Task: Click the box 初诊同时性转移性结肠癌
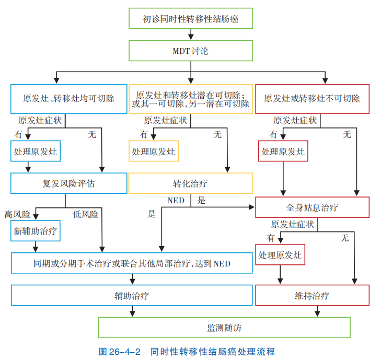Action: point(190,19)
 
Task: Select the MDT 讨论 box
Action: point(190,51)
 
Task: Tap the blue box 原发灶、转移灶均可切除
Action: point(69,99)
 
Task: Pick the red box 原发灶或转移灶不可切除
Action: point(311,99)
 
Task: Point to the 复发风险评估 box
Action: point(69,183)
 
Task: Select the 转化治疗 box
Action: point(190,183)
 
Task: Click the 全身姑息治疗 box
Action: point(311,207)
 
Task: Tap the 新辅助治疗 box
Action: point(36,230)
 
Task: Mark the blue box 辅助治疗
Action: point(131,295)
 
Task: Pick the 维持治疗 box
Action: point(311,295)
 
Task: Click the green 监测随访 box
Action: point(224,328)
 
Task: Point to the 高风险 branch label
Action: point(17,214)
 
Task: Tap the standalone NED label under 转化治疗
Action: point(175,201)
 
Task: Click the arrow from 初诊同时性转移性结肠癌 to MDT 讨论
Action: point(190,34)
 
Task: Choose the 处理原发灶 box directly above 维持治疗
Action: point(280,255)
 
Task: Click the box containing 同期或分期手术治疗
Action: point(131,263)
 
